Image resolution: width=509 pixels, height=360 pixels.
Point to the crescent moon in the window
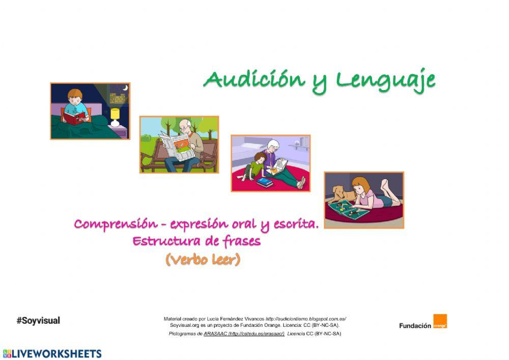[125, 89]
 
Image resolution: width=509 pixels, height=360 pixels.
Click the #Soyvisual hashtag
[38, 321]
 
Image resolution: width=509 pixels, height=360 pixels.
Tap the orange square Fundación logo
[440, 322]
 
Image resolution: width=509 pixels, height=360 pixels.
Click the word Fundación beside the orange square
[415, 326]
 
